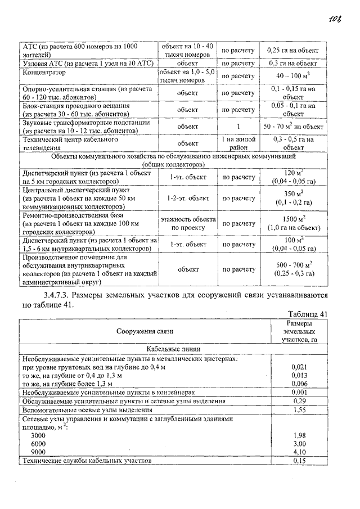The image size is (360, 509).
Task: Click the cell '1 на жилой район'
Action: tap(238, 143)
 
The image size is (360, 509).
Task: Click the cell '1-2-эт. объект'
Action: tap(188, 199)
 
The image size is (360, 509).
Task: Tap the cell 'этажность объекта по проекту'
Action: tap(188, 223)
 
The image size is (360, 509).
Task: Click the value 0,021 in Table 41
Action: tap(299, 366)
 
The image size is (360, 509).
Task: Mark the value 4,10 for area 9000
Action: tap(299, 452)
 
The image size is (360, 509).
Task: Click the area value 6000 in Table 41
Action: tap(39, 443)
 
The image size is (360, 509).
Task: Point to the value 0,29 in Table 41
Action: tap(299, 401)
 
